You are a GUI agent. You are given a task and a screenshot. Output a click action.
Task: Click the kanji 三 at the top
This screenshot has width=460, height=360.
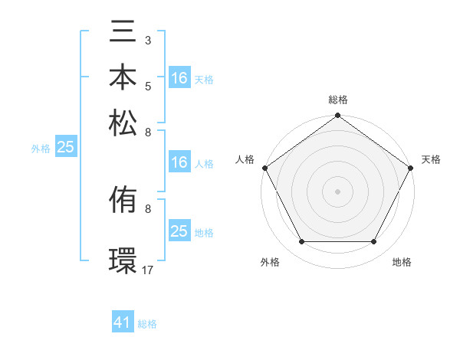(x=123, y=34)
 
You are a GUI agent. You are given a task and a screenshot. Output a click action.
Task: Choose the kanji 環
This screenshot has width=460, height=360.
(x=123, y=260)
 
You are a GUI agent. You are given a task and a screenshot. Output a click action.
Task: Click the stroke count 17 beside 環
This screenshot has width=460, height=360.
(x=148, y=270)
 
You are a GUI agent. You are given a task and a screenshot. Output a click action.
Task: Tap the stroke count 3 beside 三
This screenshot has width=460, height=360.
(x=148, y=39)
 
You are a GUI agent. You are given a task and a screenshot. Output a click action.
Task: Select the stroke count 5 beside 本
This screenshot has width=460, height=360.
(x=148, y=87)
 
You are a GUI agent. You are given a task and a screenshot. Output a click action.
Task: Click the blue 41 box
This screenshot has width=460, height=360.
(x=123, y=323)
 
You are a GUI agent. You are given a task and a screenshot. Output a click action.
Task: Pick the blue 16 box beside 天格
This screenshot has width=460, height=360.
(x=179, y=78)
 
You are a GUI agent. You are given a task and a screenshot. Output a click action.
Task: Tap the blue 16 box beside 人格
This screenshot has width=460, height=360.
(x=179, y=162)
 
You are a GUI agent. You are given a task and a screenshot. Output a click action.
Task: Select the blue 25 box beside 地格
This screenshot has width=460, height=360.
(x=179, y=231)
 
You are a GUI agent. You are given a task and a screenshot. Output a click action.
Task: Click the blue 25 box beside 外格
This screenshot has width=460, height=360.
(x=65, y=148)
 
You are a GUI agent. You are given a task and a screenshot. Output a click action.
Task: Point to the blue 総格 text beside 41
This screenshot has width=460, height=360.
(x=147, y=324)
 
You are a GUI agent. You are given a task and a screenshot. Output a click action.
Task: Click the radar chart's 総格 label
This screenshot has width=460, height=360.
(x=337, y=100)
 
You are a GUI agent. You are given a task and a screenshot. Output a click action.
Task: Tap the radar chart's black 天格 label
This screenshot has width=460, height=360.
(x=431, y=159)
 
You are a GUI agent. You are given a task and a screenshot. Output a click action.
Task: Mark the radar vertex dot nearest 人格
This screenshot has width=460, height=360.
(x=264, y=168)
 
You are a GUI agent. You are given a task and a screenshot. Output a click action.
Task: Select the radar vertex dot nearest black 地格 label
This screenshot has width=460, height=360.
(x=374, y=242)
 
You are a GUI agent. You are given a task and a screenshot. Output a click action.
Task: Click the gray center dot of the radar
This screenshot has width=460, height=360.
(x=337, y=191)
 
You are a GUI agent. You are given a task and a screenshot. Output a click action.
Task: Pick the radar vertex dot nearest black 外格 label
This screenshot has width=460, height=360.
(x=301, y=242)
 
